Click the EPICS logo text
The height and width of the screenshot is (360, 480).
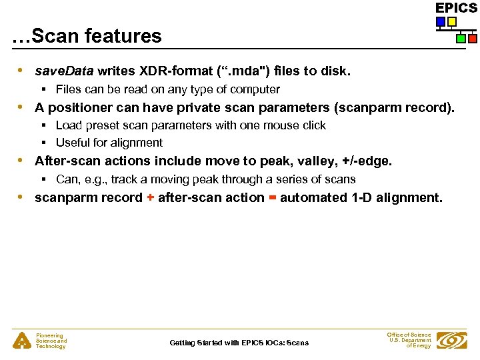(x=456, y=8)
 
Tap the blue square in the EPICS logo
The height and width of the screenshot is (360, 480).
(x=441, y=22)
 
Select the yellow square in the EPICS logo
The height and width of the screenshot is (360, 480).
(x=451, y=22)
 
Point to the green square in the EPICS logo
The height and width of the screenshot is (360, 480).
(x=461, y=39)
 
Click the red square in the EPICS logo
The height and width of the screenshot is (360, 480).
(x=472, y=39)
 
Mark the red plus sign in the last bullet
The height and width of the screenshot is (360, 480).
(x=151, y=198)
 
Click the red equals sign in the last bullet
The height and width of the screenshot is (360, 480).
(x=272, y=198)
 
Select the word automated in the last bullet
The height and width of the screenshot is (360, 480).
(x=313, y=198)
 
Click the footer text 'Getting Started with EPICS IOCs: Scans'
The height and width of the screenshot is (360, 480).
(x=239, y=343)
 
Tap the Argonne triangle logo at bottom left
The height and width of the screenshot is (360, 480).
(x=22, y=341)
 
